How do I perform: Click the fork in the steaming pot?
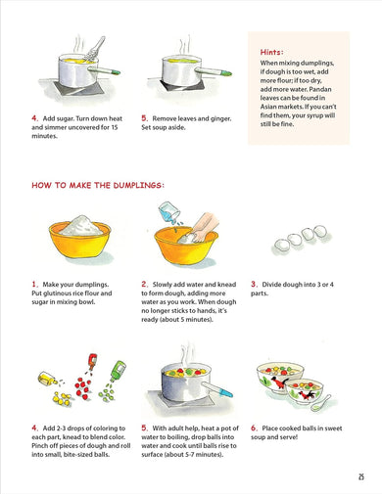point(95,49)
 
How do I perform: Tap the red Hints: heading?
point(272,52)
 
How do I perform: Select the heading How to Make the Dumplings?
point(98,185)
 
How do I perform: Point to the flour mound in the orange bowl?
point(81,226)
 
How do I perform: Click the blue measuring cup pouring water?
point(169,211)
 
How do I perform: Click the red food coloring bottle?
point(92,361)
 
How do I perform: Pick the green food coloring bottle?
point(118,370)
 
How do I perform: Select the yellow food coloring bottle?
point(47,379)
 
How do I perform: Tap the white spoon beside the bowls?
point(320,403)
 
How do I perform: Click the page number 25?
point(360,476)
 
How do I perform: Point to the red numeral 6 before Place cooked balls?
point(254,428)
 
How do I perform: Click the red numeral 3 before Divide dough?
point(254,285)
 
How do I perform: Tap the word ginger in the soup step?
point(220,118)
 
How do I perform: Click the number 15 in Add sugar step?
point(115,127)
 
